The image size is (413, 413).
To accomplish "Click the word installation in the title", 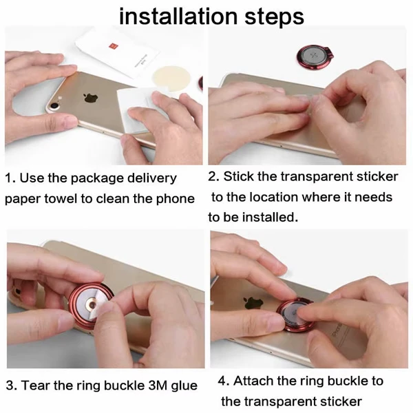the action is point(178,17).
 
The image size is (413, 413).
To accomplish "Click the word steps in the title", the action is point(274,18).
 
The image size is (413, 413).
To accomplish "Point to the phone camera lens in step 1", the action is point(54,106).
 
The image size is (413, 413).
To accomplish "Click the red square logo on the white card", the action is point(112,47).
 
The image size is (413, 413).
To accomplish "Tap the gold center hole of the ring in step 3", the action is point(93,304).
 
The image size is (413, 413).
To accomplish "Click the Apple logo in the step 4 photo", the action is point(254,303).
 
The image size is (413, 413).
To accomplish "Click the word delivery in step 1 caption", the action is point(152,178).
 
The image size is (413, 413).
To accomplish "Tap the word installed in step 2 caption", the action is point(270,218).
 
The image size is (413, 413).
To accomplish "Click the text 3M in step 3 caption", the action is point(158,385).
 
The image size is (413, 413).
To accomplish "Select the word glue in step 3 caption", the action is point(184,386).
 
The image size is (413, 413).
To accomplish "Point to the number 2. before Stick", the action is point(213,176).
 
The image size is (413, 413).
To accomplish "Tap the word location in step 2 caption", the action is point(273,197).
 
